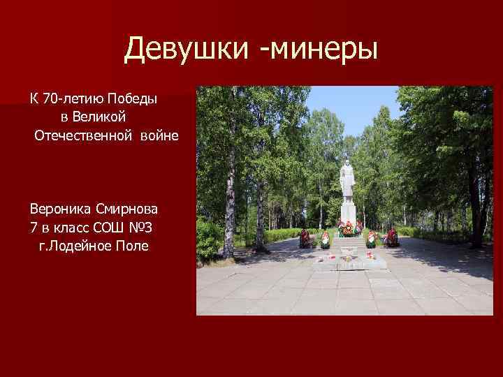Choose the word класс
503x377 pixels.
pos(68,228)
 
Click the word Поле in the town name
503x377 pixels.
pos(131,246)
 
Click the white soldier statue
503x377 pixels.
pos(347,182)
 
